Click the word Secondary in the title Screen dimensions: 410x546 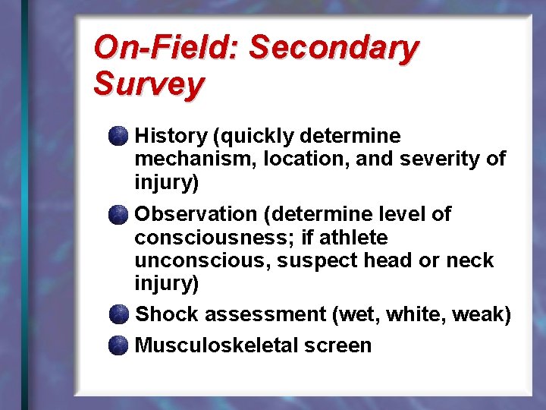click(334, 49)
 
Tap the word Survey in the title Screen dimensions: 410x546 click(148, 84)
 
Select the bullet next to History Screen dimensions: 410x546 click(118, 137)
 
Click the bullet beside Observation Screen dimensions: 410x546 click(118, 215)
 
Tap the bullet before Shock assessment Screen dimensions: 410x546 click(118, 314)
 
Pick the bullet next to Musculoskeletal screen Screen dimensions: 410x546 click(118, 346)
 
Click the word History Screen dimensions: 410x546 click(171, 137)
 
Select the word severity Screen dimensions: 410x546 click(443, 160)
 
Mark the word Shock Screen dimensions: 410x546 click(166, 314)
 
